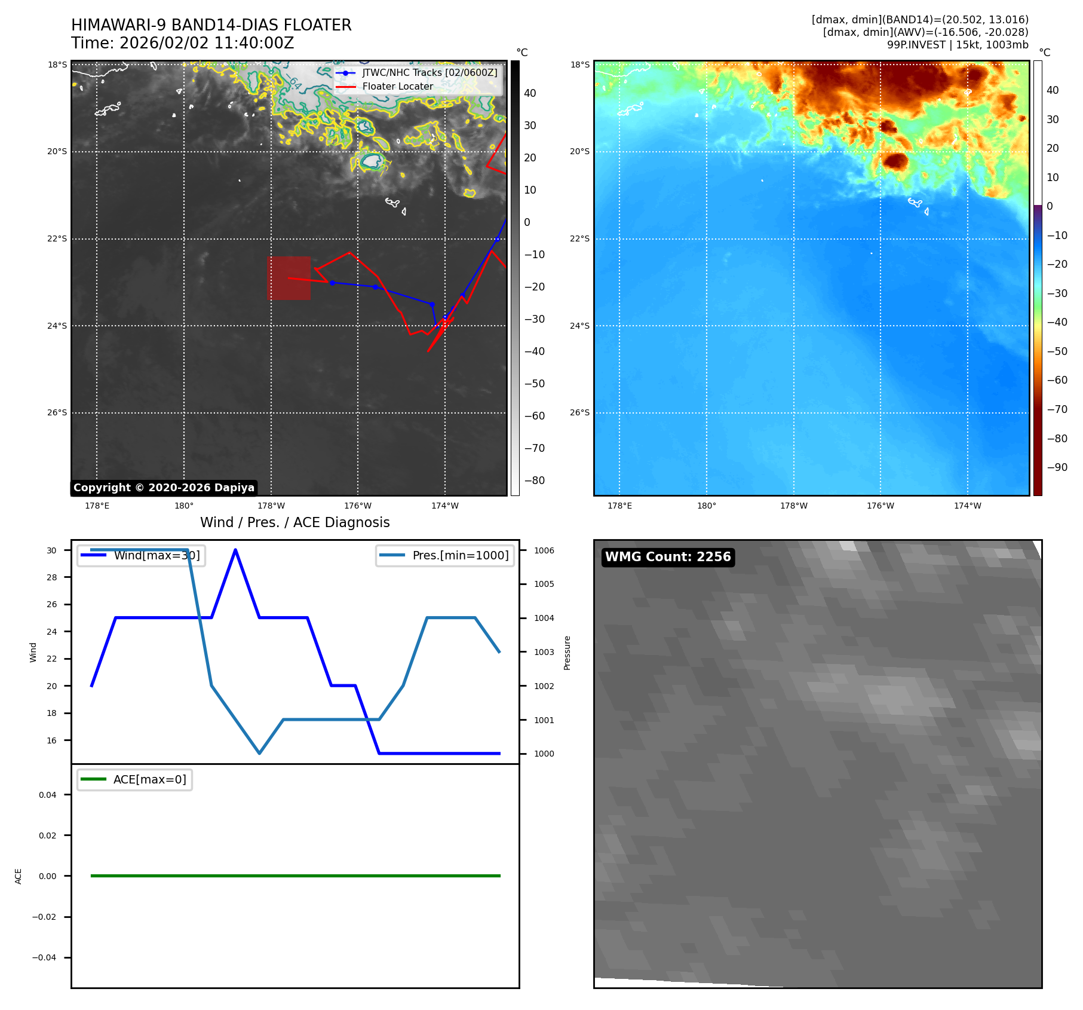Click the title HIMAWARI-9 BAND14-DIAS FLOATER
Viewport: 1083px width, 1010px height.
tap(211, 25)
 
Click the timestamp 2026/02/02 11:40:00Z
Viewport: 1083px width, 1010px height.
tap(206, 43)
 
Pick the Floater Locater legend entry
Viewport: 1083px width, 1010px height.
tap(397, 86)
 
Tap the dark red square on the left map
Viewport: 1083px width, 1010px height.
tap(289, 278)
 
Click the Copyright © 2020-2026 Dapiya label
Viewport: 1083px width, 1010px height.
tap(164, 488)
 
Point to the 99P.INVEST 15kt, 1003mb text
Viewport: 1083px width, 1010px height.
tap(957, 45)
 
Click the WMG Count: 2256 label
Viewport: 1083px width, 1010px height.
tap(668, 557)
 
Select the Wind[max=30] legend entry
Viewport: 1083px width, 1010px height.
tap(157, 555)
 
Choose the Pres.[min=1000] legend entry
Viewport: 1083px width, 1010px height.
tap(460, 555)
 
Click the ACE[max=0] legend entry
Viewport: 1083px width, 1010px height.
tap(149, 779)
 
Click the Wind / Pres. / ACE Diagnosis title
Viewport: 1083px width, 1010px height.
tap(294, 522)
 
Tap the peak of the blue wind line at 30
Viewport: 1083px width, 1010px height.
tap(235, 550)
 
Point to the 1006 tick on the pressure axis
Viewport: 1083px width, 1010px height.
tap(544, 550)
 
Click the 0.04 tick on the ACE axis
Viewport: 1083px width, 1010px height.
tap(48, 795)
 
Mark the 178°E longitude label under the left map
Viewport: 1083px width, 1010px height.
tap(97, 506)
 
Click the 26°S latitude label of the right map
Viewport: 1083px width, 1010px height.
tap(579, 412)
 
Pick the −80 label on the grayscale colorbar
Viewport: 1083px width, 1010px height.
tap(534, 480)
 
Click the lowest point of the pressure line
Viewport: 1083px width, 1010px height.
tap(259, 753)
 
